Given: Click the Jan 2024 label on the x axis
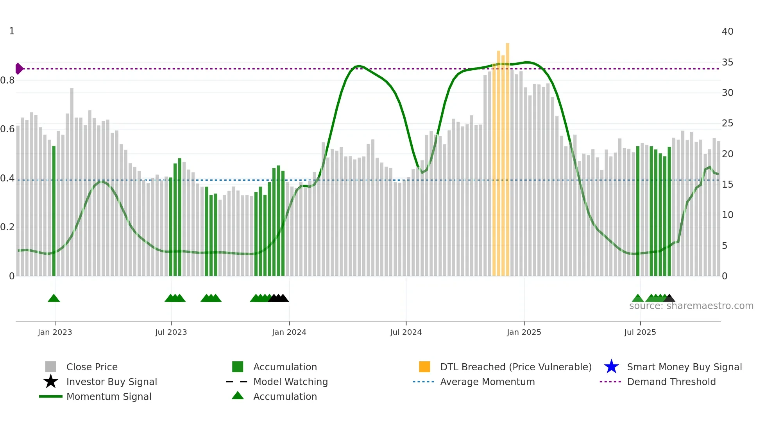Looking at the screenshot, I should [289, 332].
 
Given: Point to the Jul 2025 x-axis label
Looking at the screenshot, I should [640, 332].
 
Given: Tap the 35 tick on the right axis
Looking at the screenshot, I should [727, 62].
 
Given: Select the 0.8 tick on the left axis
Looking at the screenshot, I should [7, 80].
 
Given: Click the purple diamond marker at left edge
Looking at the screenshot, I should [19, 69].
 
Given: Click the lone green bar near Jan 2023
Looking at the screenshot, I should [54, 211].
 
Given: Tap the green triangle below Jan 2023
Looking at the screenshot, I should [54, 299].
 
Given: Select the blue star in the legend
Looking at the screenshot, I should [611, 367].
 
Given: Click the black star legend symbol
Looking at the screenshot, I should [51, 382].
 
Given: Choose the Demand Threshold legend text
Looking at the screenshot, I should [671, 382].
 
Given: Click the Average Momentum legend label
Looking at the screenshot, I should [487, 382].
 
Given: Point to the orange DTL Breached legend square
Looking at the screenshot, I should [424, 367].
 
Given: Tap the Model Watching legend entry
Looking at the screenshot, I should [290, 382].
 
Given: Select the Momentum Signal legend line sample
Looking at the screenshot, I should [51, 396].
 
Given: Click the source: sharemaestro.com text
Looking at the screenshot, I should [691, 306].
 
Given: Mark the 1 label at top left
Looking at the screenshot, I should [12, 31].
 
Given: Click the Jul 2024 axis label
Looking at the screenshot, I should [406, 332].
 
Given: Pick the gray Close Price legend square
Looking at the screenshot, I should [51, 367].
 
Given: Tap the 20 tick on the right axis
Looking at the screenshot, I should [727, 154].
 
